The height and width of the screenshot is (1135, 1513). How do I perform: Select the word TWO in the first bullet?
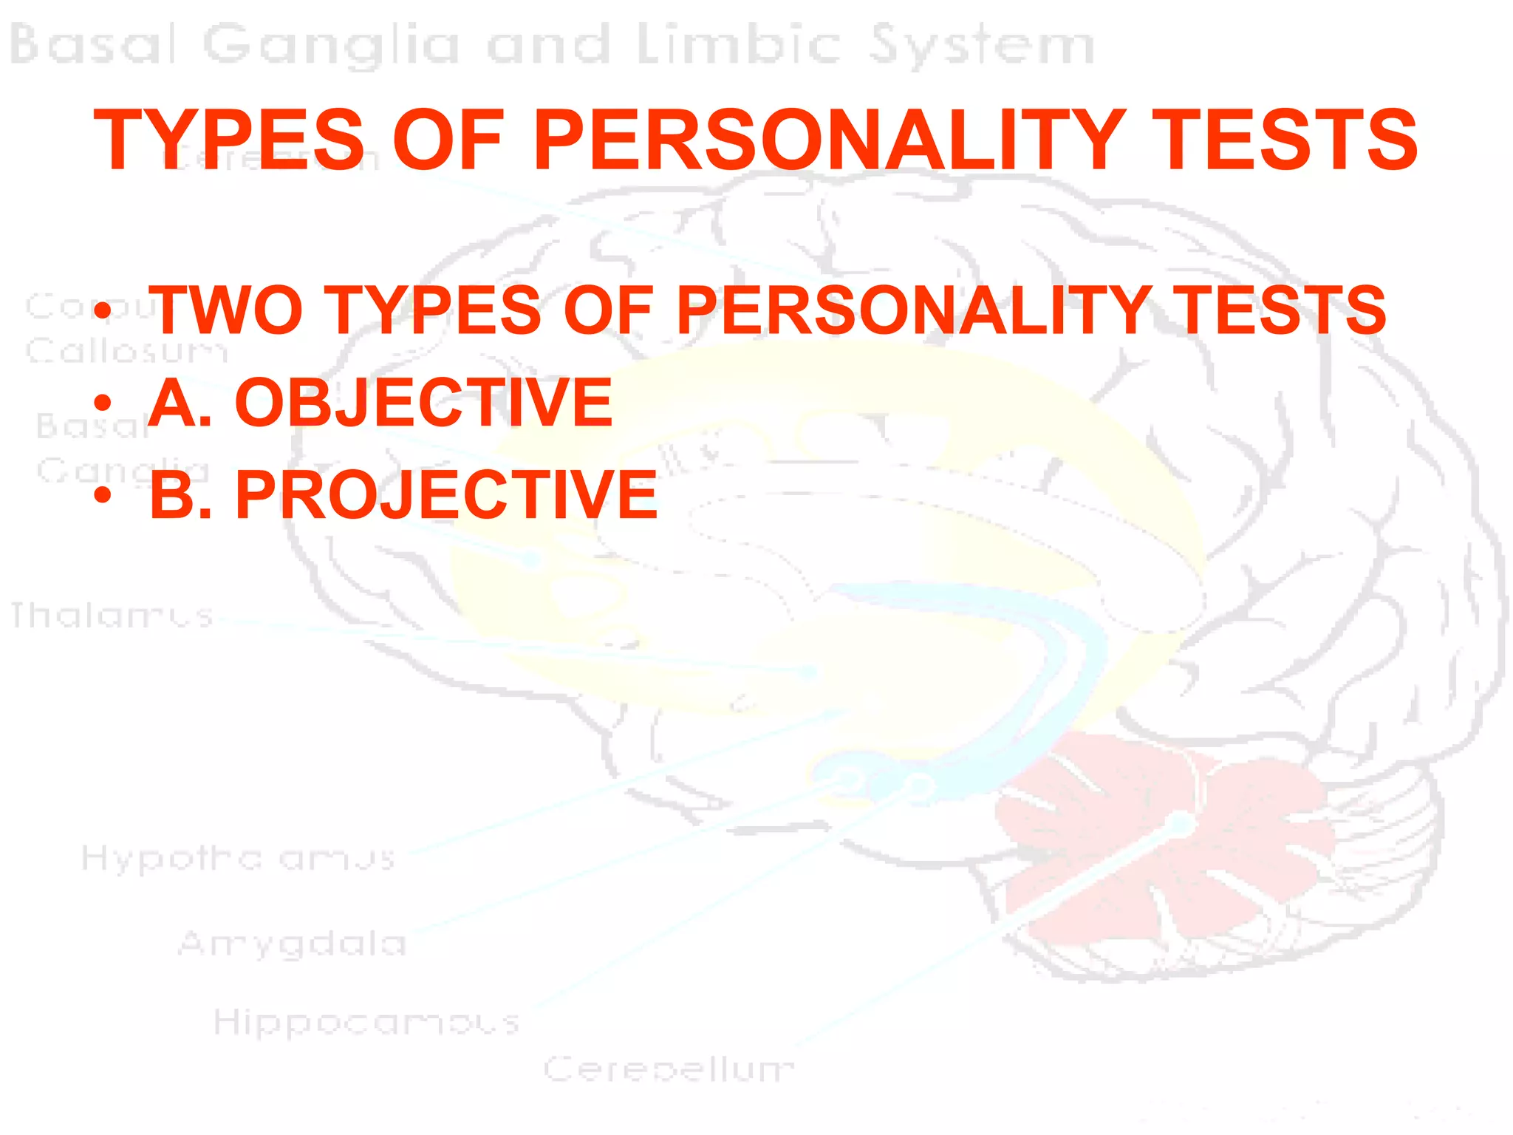225,310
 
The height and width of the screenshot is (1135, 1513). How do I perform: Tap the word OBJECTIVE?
423,403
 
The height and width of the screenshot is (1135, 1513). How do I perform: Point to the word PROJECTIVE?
446,495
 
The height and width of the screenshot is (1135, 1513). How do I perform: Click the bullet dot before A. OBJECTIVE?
103,403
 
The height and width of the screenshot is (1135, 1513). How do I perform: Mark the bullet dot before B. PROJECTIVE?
103,495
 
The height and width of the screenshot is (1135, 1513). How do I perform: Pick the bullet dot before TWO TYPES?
103,311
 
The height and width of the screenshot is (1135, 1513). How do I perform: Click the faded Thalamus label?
111,616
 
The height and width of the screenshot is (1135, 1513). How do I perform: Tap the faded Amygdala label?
293,944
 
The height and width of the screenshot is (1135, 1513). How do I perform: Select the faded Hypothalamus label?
238,859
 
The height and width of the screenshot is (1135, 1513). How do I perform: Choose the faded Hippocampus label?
366,1023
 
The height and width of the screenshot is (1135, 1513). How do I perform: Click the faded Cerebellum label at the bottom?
669,1068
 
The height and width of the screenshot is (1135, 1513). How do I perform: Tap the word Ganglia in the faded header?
331,46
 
